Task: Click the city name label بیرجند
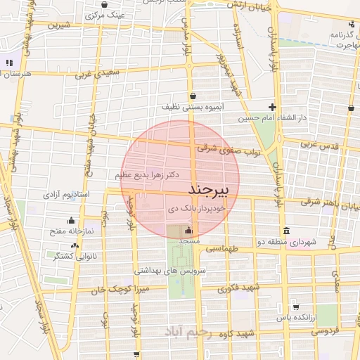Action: [210, 191]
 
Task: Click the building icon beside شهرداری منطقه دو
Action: [285, 231]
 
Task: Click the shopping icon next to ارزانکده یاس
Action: [295, 307]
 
